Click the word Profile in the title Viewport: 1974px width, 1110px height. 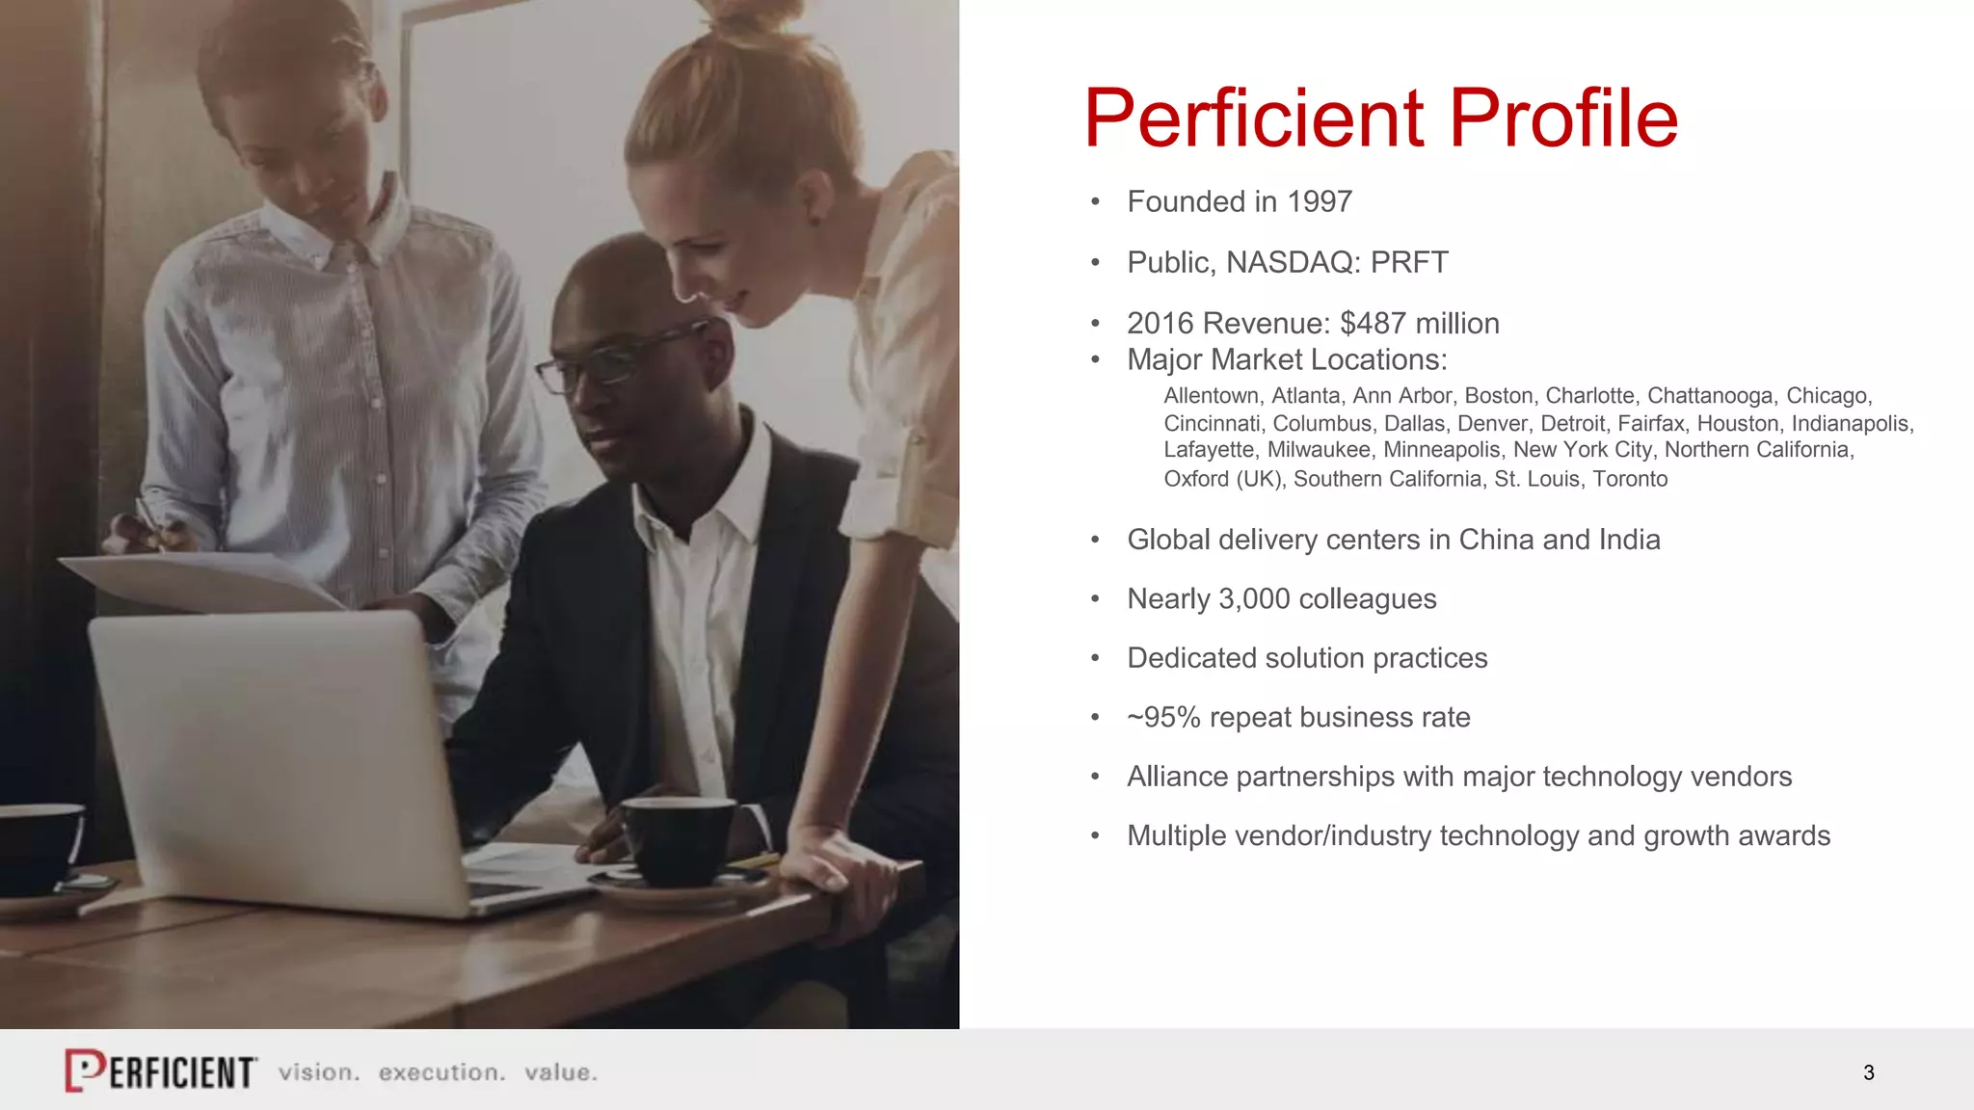(x=1563, y=119)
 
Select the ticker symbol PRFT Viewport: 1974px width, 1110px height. (x=1409, y=263)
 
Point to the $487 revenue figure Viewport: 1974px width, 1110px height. (x=1373, y=324)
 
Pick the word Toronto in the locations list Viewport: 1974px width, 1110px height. (x=1630, y=479)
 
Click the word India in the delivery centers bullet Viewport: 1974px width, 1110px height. (x=1629, y=540)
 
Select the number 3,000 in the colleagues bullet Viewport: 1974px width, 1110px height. (x=1254, y=599)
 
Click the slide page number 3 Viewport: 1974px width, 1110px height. (x=1869, y=1072)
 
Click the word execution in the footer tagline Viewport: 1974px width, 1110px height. (x=441, y=1072)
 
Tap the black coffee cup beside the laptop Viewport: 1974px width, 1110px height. (x=680, y=838)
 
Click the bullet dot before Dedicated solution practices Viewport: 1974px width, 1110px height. (x=1095, y=659)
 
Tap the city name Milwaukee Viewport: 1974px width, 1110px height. (x=1319, y=450)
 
